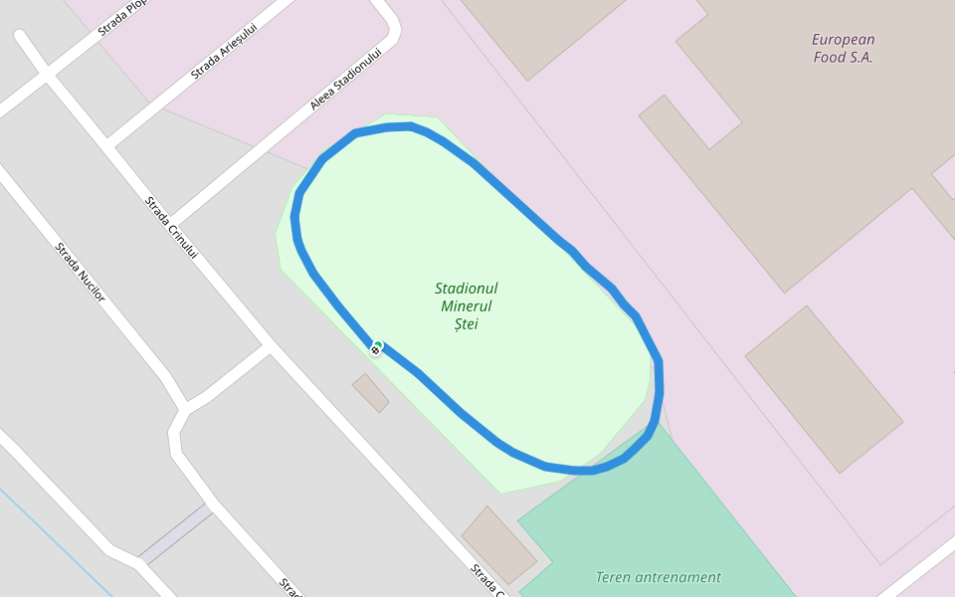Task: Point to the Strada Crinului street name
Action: click(171, 228)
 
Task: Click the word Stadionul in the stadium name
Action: click(466, 289)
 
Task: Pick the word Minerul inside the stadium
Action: click(466, 306)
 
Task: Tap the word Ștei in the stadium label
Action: click(466, 324)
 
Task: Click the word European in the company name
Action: click(843, 41)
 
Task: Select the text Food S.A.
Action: click(843, 58)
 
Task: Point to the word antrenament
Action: click(679, 577)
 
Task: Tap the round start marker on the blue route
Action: click(376, 348)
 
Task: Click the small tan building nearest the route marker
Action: click(370, 393)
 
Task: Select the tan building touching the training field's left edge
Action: click(498, 544)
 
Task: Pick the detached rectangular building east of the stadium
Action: click(824, 389)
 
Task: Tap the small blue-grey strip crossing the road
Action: click(175, 533)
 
